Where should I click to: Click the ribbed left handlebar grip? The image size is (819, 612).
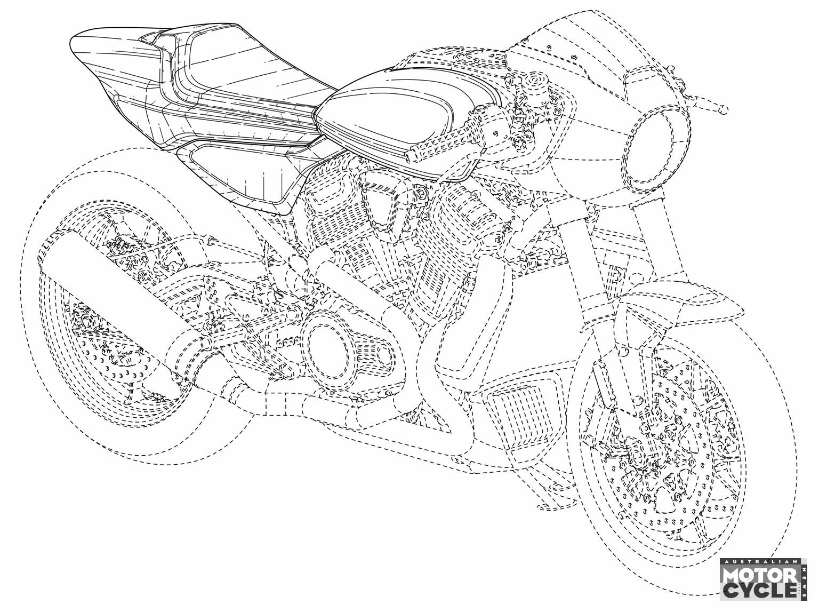coord(444,139)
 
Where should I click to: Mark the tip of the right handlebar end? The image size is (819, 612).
coord(724,110)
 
